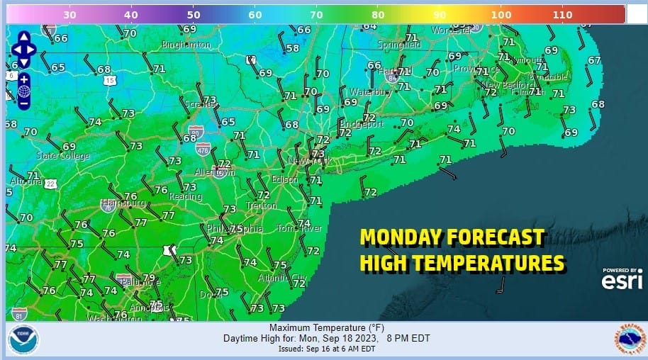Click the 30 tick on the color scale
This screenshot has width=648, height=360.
click(69, 14)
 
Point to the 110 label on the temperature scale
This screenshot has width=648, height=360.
click(562, 14)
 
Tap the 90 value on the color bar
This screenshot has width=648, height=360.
click(440, 14)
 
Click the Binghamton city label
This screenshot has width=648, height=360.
click(186, 45)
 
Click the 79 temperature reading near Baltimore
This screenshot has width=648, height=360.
click(149, 278)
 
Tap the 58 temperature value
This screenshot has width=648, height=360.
click(293, 48)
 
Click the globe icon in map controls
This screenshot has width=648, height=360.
click(24, 91)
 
